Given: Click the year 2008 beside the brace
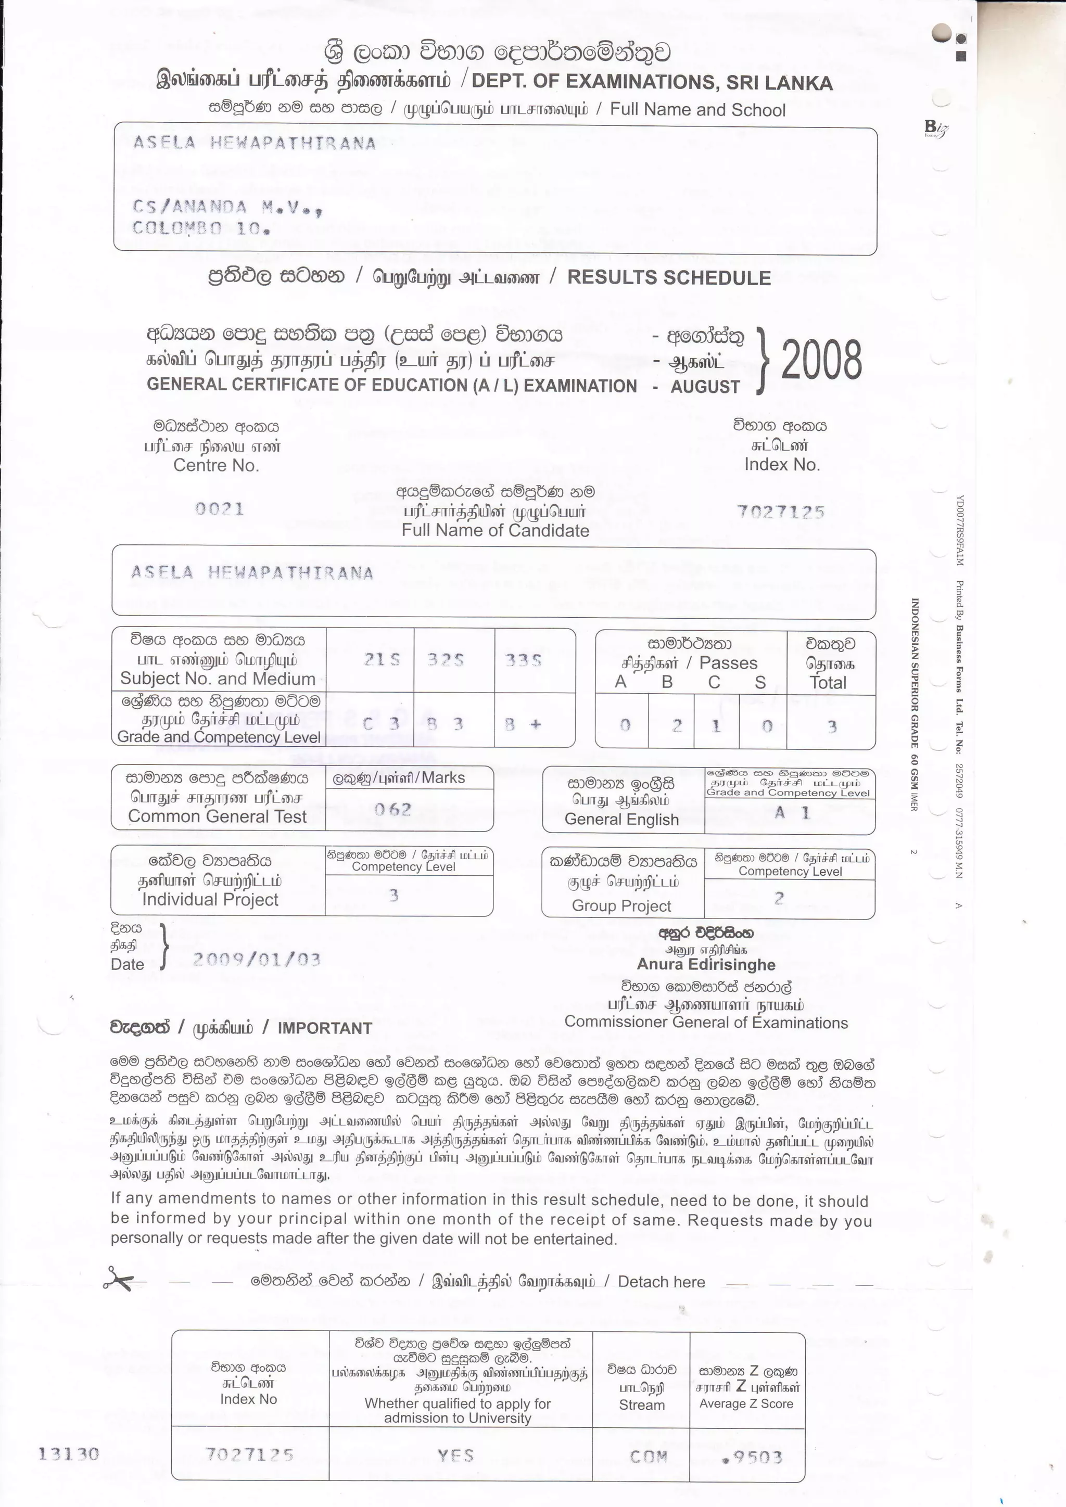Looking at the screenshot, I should tap(821, 360).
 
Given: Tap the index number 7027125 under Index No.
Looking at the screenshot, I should tap(780, 512).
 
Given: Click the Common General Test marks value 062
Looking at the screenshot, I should tap(393, 809).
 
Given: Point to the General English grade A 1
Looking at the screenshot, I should tap(792, 813).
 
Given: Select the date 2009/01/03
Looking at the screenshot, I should tap(257, 960).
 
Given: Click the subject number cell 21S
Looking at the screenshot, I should tap(382, 660).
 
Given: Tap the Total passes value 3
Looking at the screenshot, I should tap(832, 726).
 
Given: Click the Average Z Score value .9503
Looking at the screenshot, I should tap(752, 1458).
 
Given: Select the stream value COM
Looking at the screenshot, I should tap(649, 1457).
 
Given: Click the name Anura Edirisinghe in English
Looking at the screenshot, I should tap(706, 964).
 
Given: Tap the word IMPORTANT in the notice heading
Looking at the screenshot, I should tap(324, 1028).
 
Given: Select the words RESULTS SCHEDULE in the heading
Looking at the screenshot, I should tap(669, 278).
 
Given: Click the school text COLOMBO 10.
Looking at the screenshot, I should tap(201, 228).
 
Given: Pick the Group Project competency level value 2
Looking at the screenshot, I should tap(779, 899).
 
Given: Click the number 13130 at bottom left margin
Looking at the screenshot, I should tap(69, 1454).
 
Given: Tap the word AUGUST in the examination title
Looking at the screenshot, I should tap(705, 387).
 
